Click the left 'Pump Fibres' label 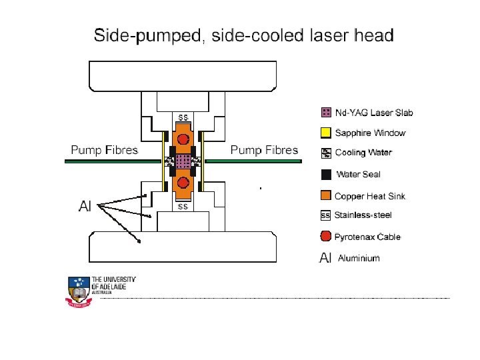click(x=105, y=149)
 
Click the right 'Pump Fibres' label click(x=264, y=149)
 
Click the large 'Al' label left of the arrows click(x=85, y=206)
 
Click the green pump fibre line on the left click(x=113, y=161)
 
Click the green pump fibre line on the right click(x=253, y=161)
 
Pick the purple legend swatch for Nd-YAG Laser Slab click(x=326, y=112)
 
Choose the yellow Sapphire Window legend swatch click(x=326, y=133)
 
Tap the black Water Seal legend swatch click(x=326, y=175)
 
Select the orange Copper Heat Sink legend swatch click(x=326, y=195)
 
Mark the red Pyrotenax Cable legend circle click(x=326, y=237)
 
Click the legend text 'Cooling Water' click(x=363, y=153)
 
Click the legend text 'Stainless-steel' click(x=363, y=215)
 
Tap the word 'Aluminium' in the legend click(x=359, y=258)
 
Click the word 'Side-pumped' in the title click(x=147, y=35)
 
